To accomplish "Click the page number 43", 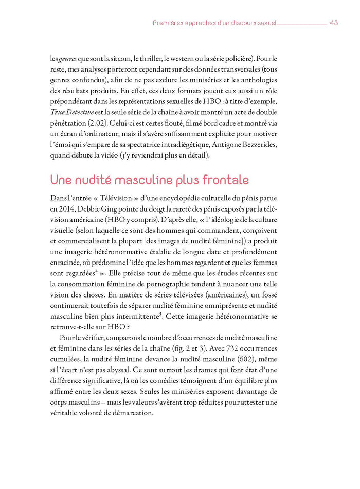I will click(x=333, y=23).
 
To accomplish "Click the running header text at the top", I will click(x=215, y=23).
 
